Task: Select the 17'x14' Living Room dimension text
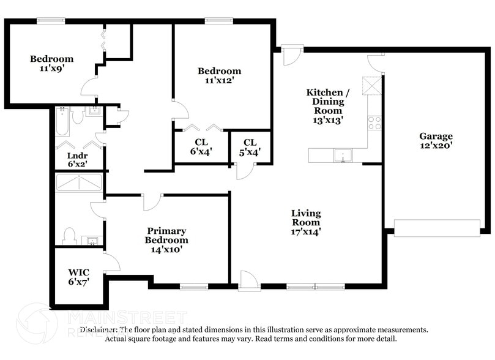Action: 305,232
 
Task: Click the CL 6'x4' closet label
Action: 201,147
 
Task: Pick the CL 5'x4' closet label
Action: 250,147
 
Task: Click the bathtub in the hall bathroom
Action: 62,122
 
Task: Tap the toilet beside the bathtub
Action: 78,115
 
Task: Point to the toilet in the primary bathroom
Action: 70,236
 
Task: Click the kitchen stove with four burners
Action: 374,122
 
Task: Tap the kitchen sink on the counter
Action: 344,155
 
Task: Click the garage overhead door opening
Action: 437,228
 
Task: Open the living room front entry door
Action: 249,281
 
